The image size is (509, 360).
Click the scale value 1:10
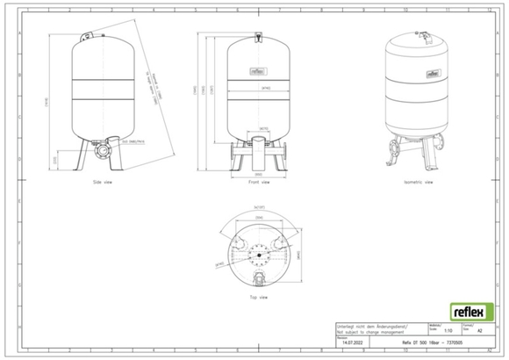449,331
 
